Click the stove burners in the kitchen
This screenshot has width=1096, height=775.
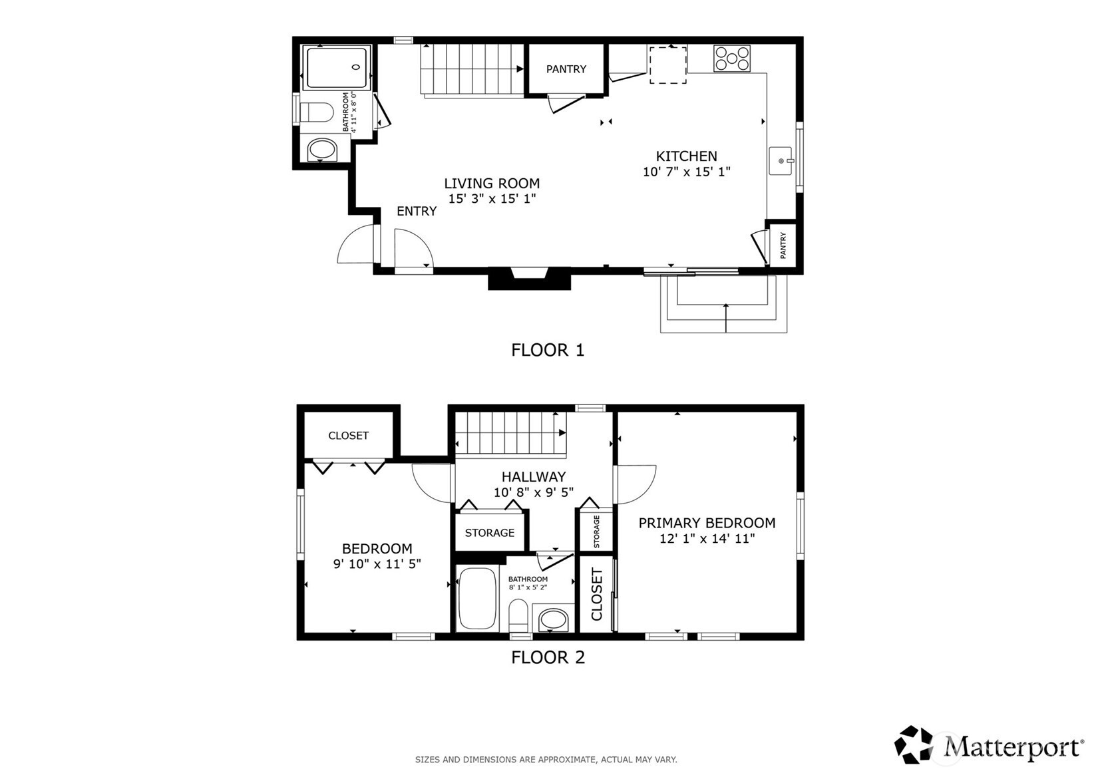[731, 59]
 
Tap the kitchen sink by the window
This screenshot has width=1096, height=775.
[780, 160]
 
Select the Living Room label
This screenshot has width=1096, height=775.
[492, 184]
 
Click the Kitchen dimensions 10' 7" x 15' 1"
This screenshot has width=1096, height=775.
[687, 172]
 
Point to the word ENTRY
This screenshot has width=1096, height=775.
[417, 211]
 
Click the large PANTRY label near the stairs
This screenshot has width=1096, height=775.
[566, 69]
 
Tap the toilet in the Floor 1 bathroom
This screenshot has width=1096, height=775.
[316, 112]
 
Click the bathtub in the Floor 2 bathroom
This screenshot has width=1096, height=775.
[477, 598]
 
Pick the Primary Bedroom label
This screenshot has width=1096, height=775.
[707, 523]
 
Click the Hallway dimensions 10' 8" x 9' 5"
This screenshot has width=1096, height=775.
[533, 492]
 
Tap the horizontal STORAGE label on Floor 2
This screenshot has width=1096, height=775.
[489, 533]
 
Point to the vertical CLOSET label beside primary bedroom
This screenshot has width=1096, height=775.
[596, 594]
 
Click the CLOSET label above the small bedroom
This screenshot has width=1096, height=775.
[349, 436]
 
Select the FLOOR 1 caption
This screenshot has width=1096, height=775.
[548, 350]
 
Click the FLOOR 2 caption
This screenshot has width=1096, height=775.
[548, 657]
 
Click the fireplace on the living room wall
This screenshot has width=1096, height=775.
[530, 279]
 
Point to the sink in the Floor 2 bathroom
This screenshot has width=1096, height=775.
[554, 619]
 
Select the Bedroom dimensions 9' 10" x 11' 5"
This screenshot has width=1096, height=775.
[377, 564]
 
